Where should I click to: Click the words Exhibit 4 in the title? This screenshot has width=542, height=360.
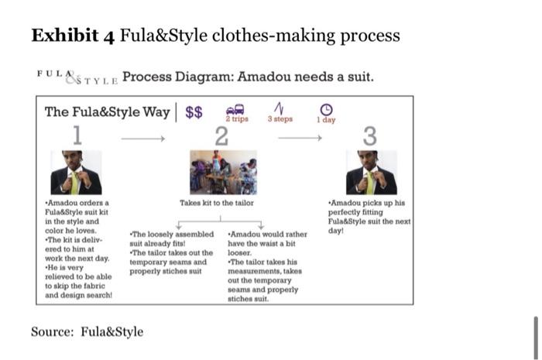pos(73,36)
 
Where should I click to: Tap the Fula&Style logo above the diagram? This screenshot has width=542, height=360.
pos(77,77)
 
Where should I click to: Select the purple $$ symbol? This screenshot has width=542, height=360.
pos(194,112)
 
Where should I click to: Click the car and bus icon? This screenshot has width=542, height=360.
pos(235,109)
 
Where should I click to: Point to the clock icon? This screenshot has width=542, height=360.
pos(326,109)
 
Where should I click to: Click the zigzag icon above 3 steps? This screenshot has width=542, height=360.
pos(280,108)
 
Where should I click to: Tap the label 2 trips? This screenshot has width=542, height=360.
pos(237,119)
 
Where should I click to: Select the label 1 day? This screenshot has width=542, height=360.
pos(326,119)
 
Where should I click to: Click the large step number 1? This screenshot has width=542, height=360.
pos(77,135)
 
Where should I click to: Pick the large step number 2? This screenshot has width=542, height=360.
pos(221,136)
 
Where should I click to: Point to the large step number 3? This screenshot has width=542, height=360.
pos(370,136)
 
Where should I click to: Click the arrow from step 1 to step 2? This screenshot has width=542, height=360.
pos(143,139)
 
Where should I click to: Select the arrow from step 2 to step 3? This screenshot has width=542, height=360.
pos(300,139)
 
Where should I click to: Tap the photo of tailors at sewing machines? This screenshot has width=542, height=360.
pos(223,172)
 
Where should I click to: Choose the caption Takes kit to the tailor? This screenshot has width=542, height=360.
pos(217,203)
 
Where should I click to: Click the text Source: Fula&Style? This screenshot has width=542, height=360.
pos(87,331)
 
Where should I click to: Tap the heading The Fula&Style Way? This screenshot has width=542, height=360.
pos(107,112)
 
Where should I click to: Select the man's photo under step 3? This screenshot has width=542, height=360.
pos(372,173)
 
